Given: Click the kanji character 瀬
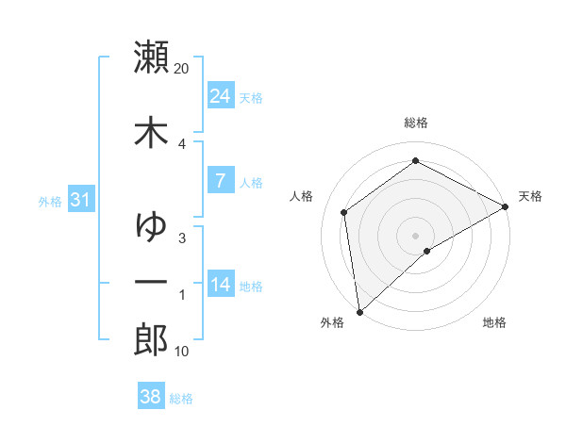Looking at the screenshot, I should pos(152,57).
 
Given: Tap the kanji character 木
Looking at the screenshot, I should pos(152,132).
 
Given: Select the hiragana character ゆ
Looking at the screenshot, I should pos(152,226).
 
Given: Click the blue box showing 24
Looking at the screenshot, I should pos(220,96).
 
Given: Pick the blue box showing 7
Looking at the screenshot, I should pos(220,181).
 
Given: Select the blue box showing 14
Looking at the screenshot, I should pos(220,285).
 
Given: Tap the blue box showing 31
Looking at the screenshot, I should pos(80,200).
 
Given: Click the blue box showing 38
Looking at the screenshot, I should pos(150,397).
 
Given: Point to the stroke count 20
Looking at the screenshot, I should pos(182,69).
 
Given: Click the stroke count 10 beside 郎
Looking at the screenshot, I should pos(182,352).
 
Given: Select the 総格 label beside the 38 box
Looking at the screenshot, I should pos(181,399).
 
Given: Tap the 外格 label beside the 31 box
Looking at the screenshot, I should pos(49,201).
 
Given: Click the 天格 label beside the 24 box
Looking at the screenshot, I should pos(251,97).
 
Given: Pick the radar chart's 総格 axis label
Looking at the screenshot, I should pos(415,123).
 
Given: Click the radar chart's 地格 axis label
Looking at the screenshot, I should pos(494,323).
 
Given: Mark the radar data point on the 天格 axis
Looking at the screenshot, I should pos(506,206).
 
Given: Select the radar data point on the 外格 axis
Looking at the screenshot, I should pos(359,311).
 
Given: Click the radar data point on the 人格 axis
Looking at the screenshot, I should pos(344,212).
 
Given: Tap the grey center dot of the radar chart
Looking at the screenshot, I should pos(415,235).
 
